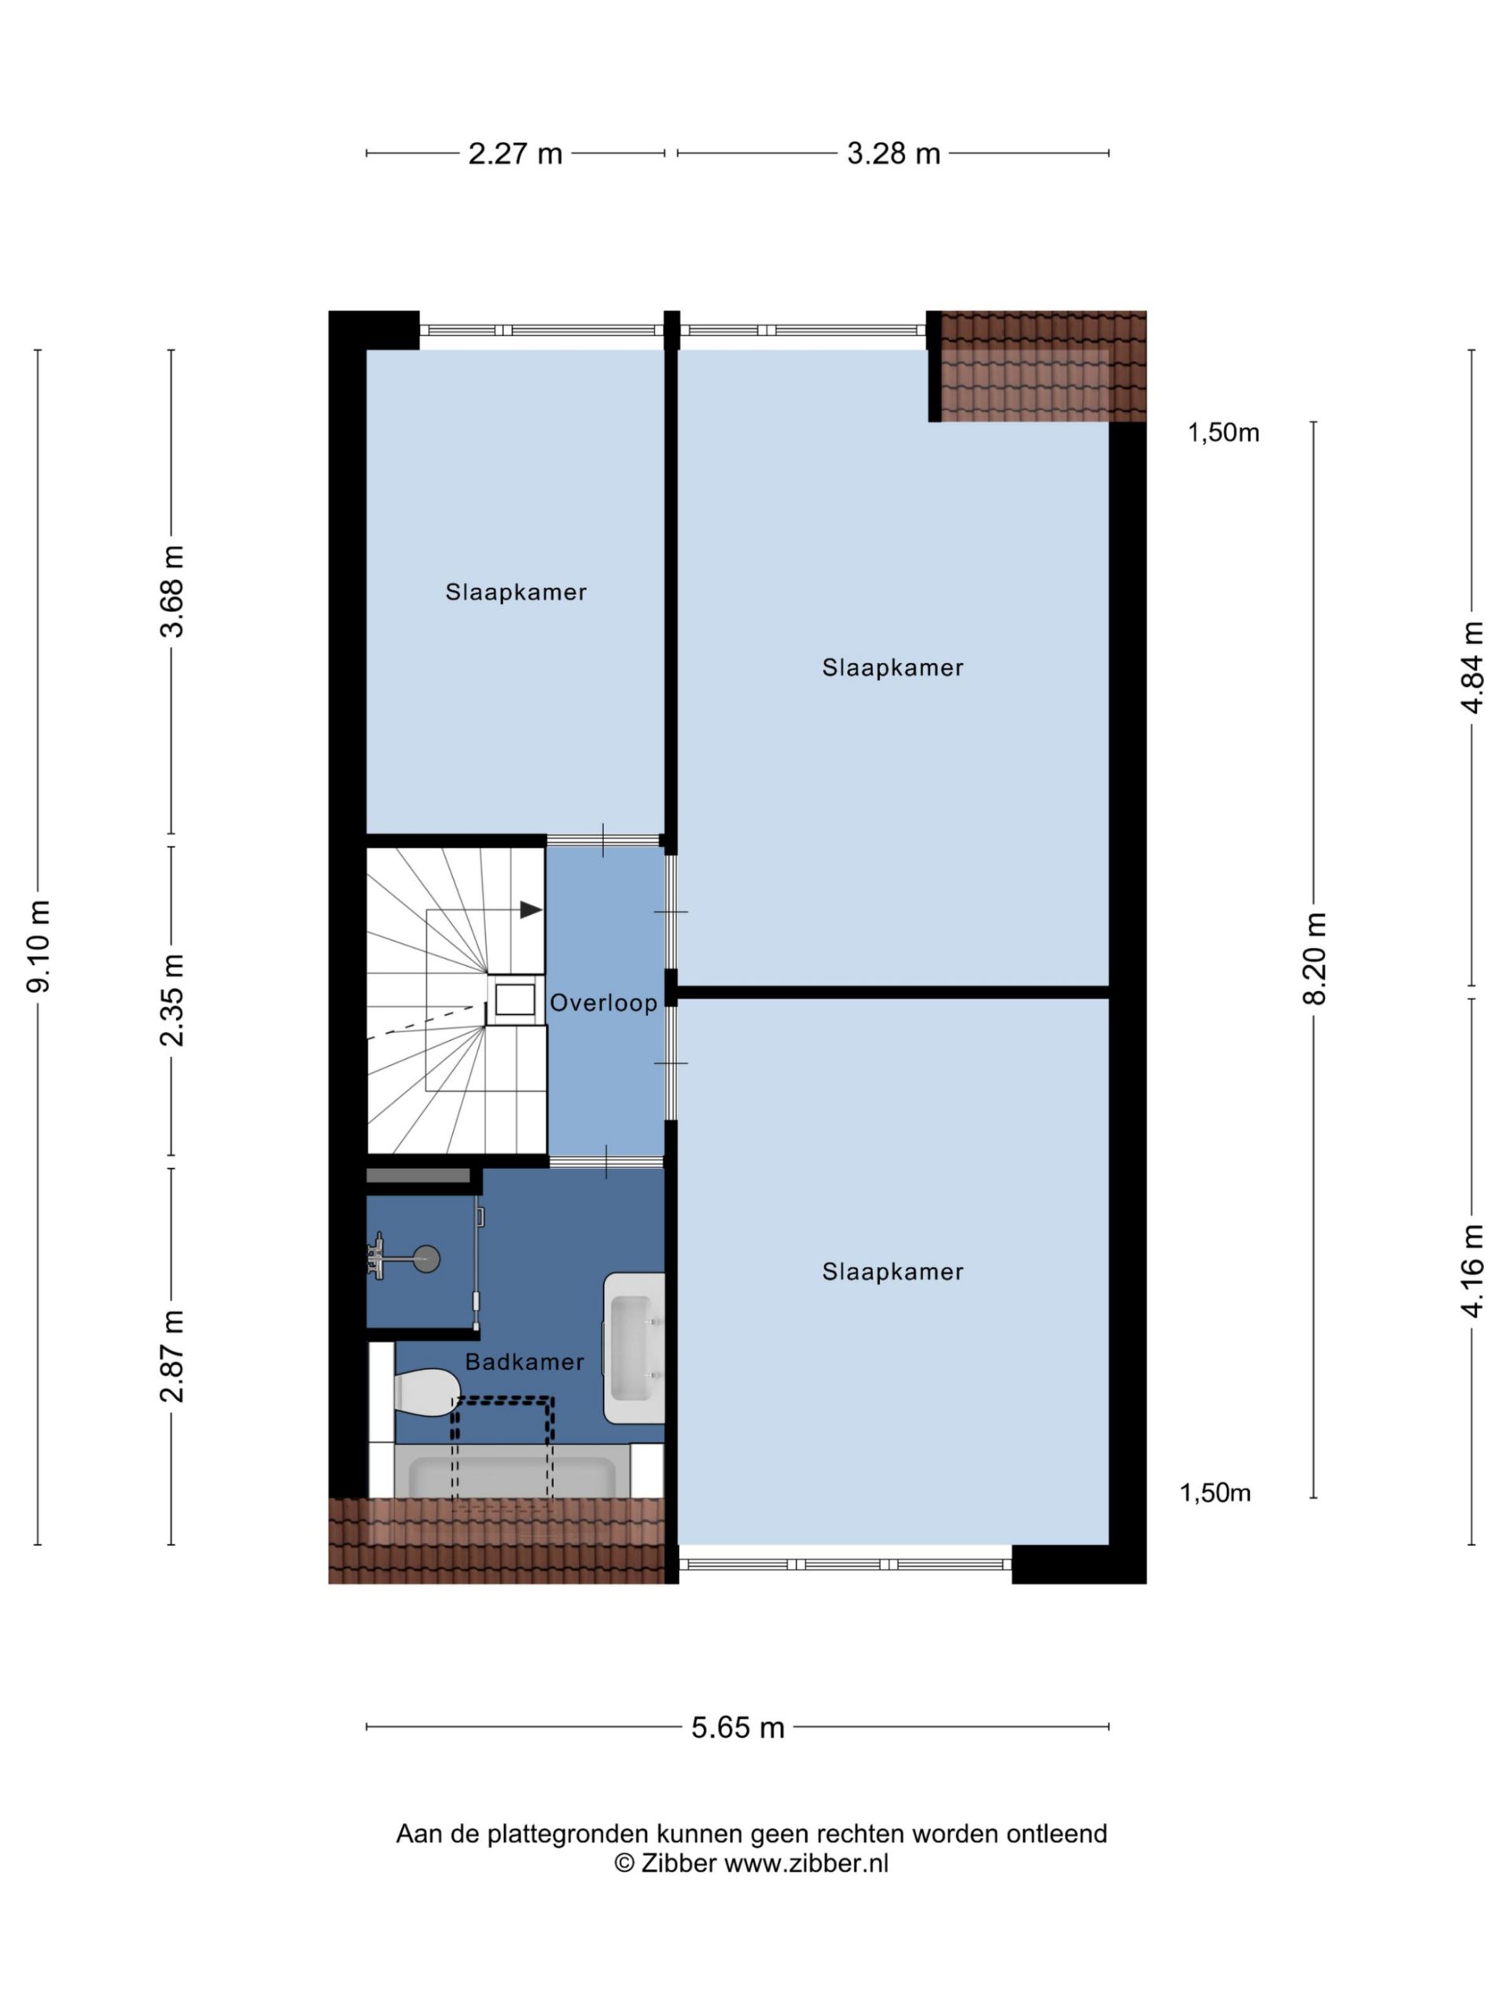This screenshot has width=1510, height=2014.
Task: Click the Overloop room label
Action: pyautogui.click(x=603, y=1002)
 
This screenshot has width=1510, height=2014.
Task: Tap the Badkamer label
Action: pyautogui.click(x=525, y=1362)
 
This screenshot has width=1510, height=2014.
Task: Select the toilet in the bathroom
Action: pyautogui.click(x=426, y=1393)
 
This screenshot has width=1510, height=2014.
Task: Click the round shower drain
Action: pyautogui.click(x=427, y=1260)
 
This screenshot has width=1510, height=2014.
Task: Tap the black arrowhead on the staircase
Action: pyautogui.click(x=531, y=909)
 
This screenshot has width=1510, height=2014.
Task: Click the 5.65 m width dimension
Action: pyautogui.click(x=737, y=1727)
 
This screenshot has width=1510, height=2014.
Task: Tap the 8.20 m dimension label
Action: pyautogui.click(x=1314, y=958)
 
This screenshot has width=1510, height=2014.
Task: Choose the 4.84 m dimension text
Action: pyautogui.click(x=1471, y=667)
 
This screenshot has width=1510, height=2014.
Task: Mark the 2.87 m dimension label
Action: pyautogui.click(x=171, y=1356)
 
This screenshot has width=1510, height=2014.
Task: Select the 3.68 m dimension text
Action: pyautogui.click(x=171, y=591)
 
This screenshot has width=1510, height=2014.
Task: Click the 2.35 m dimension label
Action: pyautogui.click(x=171, y=1000)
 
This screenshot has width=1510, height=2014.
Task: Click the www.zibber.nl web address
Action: pyautogui.click(x=805, y=1864)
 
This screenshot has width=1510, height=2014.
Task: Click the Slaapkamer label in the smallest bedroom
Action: pyautogui.click(x=515, y=592)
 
